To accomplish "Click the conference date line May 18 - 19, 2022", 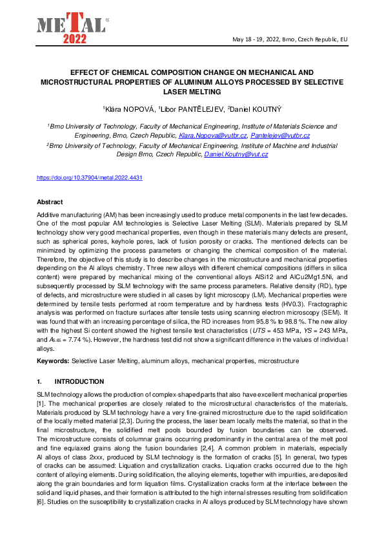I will [290, 39].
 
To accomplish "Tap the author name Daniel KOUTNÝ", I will [255, 109].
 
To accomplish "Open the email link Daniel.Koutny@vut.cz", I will [236, 154].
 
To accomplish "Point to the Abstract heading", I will [50, 202].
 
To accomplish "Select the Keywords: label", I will [53, 359].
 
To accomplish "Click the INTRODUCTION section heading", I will [79, 382].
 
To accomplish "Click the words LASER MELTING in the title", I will [192, 92].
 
